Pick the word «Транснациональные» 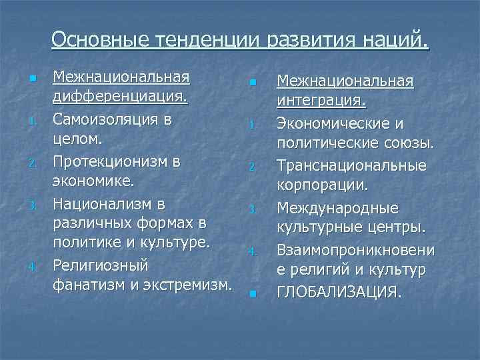[351, 165]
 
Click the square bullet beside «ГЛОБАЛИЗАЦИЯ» [253, 293]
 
